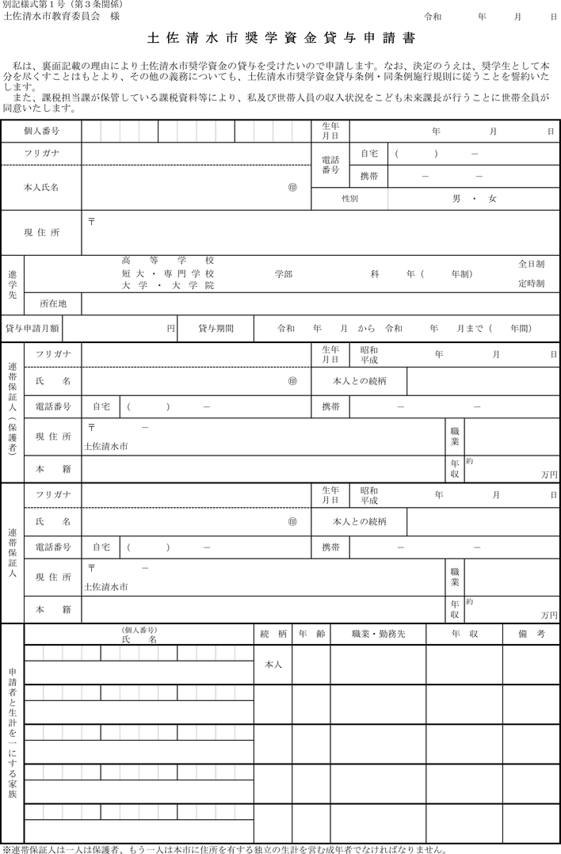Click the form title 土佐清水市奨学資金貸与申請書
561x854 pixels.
[x=280, y=38]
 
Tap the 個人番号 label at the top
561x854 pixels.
[x=41, y=130]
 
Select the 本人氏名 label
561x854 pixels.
[x=41, y=187]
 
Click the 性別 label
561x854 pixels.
[x=349, y=199]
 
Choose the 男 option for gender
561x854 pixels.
[x=456, y=199]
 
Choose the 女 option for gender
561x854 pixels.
[x=492, y=199]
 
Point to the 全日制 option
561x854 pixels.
[x=531, y=263]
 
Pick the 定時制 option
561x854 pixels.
[x=531, y=283]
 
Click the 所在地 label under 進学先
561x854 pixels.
[x=53, y=303]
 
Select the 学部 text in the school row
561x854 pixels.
[x=284, y=273]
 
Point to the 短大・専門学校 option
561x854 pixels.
[x=167, y=273]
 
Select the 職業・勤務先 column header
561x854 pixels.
[x=378, y=635]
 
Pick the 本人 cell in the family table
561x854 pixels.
[x=272, y=664]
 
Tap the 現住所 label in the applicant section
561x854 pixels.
[x=41, y=232]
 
